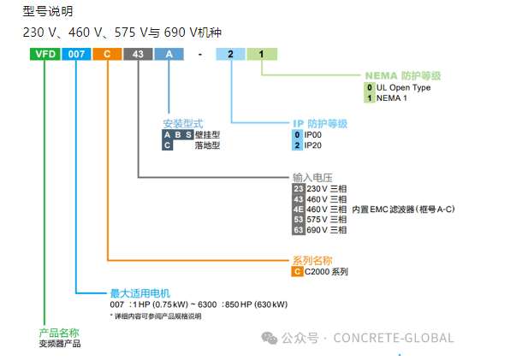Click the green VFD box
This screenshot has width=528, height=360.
[x=45, y=54]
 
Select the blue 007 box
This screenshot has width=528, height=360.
[x=77, y=54]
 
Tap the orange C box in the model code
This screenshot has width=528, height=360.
[x=107, y=54]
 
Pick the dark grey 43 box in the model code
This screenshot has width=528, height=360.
[x=137, y=54]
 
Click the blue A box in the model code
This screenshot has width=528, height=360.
[x=169, y=54]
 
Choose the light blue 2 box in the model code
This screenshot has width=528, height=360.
[x=231, y=54]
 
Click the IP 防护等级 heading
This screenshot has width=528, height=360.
[x=321, y=123]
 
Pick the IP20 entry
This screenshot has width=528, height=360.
[x=313, y=145]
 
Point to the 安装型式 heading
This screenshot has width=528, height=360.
[x=181, y=123]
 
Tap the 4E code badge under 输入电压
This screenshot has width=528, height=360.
[x=298, y=210]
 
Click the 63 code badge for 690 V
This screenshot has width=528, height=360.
[x=298, y=230]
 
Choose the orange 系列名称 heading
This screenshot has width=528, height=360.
[x=311, y=260]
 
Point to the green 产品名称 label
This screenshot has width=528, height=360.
[x=59, y=332]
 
